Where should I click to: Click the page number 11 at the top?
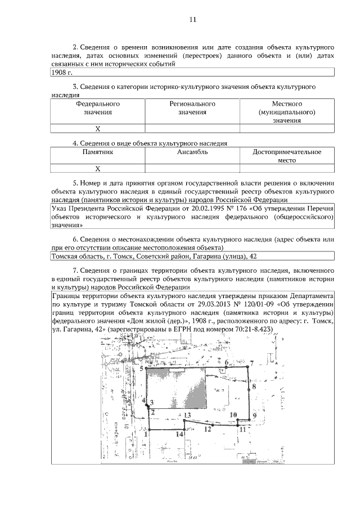[192, 20]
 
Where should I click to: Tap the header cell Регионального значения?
[192, 108]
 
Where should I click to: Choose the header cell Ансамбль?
[192, 152]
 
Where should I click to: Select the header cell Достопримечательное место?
[287, 156]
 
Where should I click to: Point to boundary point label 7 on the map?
[252, 364]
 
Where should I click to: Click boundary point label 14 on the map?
[179, 434]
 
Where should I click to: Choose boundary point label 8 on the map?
[254, 386]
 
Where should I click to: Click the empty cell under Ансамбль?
[192, 168]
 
